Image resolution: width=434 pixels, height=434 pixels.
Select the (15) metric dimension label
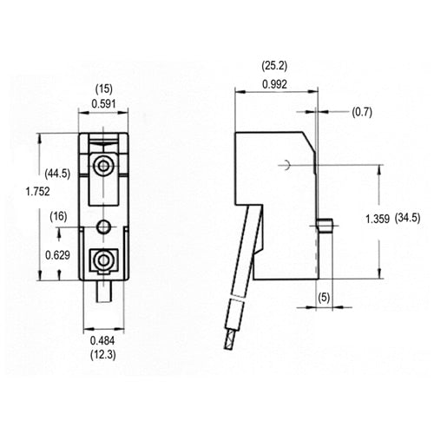(x=105, y=89)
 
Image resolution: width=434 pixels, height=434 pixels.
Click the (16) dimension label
(x=59, y=215)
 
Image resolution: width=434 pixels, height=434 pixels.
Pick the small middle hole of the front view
(x=104, y=226)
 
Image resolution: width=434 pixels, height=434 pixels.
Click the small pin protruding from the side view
(x=325, y=228)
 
